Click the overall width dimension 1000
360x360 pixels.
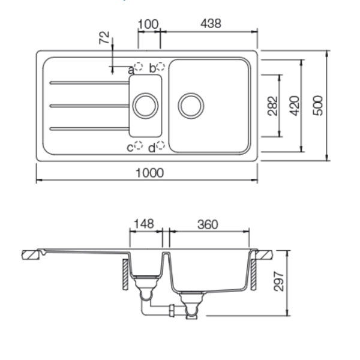pyautogui.click(x=149, y=173)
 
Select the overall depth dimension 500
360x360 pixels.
pyautogui.click(x=318, y=106)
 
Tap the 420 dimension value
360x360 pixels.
pyautogui.click(x=294, y=106)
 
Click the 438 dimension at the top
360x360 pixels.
pyautogui.click(x=209, y=24)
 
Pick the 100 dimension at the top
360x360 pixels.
pyautogui.click(x=148, y=24)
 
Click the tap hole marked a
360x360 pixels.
pyautogui.click(x=138, y=67)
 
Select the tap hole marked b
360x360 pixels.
pyautogui.click(x=161, y=67)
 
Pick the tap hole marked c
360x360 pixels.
pyautogui.click(x=138, y=146)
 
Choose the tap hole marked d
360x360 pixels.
pyautogui.click(x=161, y=145)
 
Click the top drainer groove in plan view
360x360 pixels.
pyautogui.click(x=89, y=82)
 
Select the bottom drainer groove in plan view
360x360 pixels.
pyautogui.click(x=89, y=128)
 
